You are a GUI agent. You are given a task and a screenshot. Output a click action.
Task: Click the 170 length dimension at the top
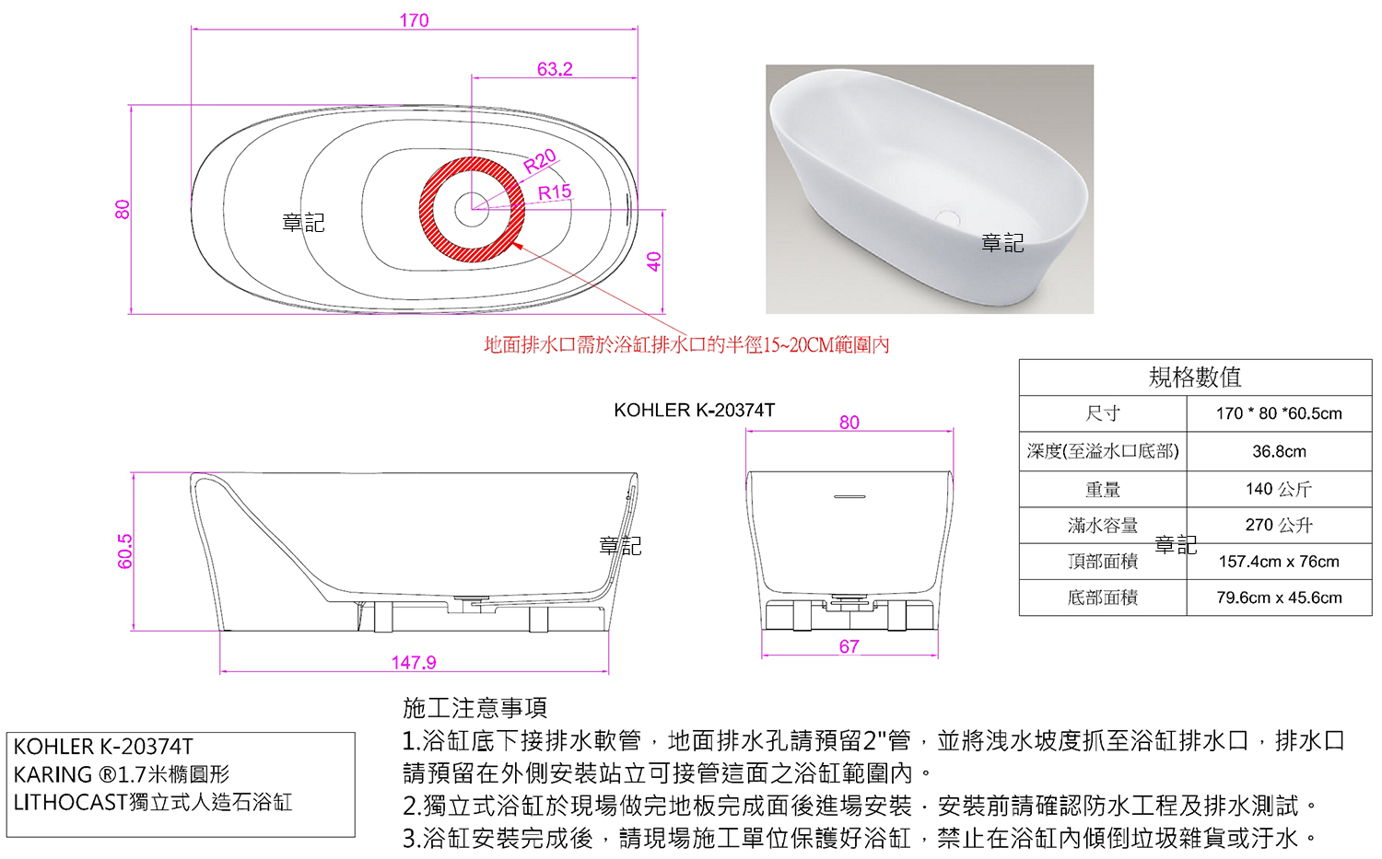[x=414, y=20]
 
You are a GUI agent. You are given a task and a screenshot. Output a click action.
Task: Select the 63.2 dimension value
[x=555, y=69]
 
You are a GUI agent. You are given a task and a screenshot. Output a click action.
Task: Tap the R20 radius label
[x=540, y=161]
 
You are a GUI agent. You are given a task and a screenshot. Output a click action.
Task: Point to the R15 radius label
[x=555, y=192]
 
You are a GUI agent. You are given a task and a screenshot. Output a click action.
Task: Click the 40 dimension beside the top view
[x=654, y=261]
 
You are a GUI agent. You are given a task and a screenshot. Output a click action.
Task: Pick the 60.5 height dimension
[x=124, y=551]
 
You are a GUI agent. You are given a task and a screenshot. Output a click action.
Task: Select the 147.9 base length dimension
[x=414, y=662]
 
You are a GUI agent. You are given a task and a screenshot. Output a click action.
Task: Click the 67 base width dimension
[x=849, y=646]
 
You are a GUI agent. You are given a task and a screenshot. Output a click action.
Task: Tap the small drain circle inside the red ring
[x=472, y=209]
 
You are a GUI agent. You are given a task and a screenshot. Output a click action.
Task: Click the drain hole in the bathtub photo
[x=948, y=217]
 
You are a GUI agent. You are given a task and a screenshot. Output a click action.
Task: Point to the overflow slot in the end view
[x=849, y=496]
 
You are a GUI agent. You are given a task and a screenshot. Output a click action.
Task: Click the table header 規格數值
[x=1195, y=377]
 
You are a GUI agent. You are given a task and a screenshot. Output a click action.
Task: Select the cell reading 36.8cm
[x=1279, y=451]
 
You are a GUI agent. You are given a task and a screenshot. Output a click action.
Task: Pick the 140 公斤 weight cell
[x=1279, y=489]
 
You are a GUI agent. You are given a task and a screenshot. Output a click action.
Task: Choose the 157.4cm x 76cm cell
[x=1279, y=562]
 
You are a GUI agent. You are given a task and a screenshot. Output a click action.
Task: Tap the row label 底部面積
[x=1103, y=598]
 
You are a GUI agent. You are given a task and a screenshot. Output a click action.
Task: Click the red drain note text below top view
[x=686, y=344]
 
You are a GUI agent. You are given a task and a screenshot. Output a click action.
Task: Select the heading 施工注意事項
[x=475, y=708]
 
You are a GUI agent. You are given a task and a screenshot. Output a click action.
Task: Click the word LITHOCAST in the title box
[x=70, y=802]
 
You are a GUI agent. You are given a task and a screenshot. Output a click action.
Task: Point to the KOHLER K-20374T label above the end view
[x=694, y=410]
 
